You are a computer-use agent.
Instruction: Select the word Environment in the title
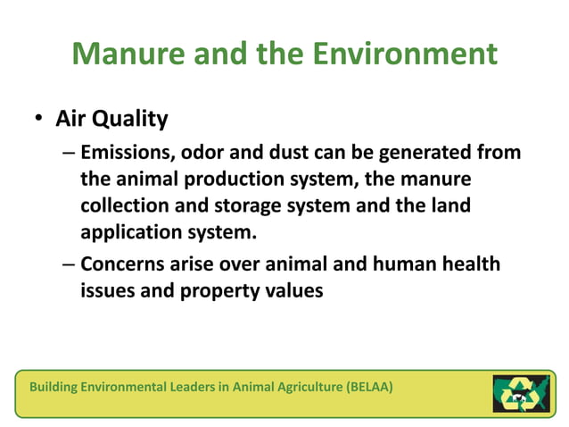point(405,54)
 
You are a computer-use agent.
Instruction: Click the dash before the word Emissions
point(69,153)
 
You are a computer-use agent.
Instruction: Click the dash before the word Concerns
point(69,264)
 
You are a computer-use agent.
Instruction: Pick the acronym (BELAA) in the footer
point(364,387)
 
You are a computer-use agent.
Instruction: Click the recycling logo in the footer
point(521,393)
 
